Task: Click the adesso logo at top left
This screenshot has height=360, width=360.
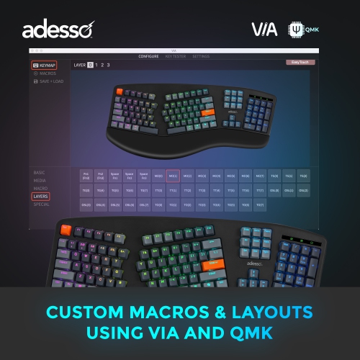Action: (56, 30)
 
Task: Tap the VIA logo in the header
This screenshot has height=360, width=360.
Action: (264, 30)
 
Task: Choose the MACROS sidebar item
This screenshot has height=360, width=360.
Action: (46, 73)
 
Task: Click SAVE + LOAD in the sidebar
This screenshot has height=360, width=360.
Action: (49, 81)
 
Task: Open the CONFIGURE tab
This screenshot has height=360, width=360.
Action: (148, 55)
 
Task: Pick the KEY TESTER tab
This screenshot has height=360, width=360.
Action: (175, 55)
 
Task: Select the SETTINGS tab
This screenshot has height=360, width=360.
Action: (201, 55)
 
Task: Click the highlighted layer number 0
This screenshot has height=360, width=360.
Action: (90, 65)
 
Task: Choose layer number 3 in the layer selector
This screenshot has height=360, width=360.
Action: (108, 65)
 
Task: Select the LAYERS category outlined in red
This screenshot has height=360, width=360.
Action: (41, 196)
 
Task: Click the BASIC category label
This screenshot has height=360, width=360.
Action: (39, 173)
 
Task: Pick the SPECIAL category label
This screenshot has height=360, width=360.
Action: (42, 204)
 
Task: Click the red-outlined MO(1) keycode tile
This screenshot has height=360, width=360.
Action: (173, 176)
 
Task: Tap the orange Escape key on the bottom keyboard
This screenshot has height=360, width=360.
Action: (66, 230)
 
